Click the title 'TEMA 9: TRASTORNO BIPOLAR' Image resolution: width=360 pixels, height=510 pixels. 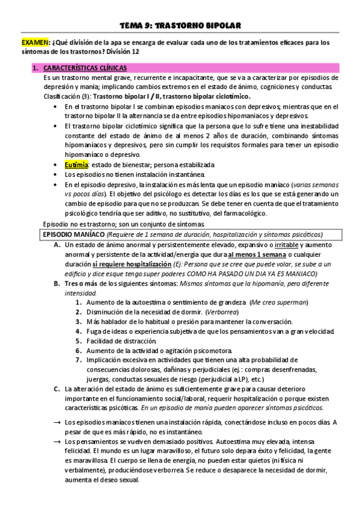(x=180, y=26)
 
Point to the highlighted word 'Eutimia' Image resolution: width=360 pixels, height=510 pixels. (x=76, y=165)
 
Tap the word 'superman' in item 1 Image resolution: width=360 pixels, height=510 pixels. (x=291, y=302)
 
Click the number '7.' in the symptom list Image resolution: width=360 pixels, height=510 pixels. (x=79, y=360)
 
